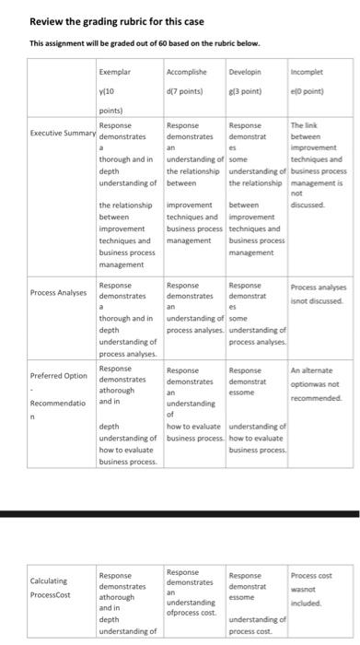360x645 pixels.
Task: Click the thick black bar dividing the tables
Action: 180,513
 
